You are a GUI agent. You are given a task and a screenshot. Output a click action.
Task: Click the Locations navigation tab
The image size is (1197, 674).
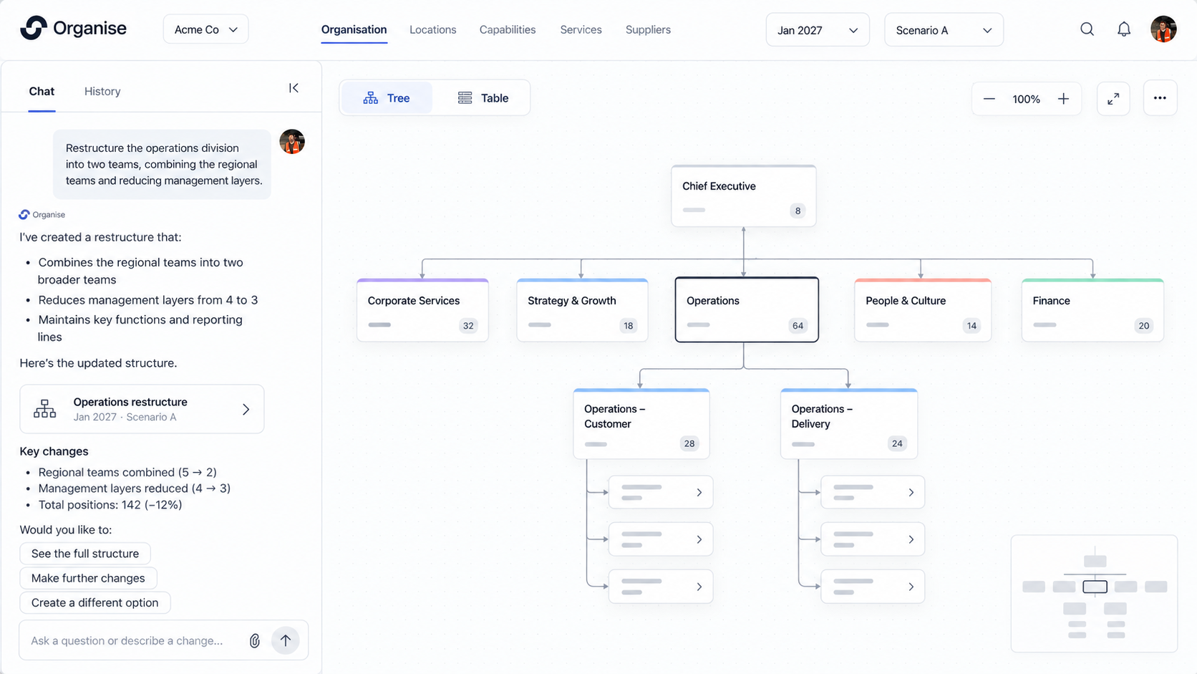click(433, 30)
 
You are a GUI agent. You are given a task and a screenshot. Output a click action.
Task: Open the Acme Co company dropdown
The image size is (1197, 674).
click(205, 29)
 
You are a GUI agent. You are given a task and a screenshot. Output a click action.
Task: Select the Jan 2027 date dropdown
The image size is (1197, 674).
click(818, 30)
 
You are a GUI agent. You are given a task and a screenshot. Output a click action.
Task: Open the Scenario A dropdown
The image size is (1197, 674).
click(944, 30)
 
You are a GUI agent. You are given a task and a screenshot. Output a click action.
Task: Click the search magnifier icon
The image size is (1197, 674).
click(1087, 29)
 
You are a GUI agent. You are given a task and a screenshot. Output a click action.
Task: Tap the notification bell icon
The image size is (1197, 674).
click(1124, 29)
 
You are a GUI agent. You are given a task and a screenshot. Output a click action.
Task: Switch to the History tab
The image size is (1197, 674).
click(102, 92)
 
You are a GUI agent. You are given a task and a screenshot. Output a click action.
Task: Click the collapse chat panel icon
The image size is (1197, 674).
click(294, 87)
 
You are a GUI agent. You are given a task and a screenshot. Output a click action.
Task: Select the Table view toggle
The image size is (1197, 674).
click(483, 98)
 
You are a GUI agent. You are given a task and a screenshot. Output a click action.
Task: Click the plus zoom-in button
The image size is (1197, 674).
click(1063, 99)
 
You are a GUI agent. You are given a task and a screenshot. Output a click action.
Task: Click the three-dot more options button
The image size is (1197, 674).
click(1160, 98)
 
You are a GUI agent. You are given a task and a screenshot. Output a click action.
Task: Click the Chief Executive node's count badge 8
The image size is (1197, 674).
click(798, 211)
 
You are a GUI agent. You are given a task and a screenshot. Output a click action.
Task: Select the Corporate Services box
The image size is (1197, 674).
click(422, 310)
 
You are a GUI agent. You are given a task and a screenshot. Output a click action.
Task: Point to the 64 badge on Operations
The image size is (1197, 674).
click(798, 325)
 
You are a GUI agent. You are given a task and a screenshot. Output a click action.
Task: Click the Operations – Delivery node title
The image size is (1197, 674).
click(822, 416)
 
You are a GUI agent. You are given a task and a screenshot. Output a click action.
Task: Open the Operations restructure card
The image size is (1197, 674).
click(142, 409)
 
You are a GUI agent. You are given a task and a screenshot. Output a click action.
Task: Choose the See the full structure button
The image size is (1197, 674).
click(85, 553)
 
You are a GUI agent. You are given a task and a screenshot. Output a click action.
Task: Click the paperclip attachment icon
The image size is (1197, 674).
click(255, 640)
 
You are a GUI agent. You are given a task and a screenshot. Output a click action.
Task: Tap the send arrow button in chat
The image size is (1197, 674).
click(286, 640)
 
